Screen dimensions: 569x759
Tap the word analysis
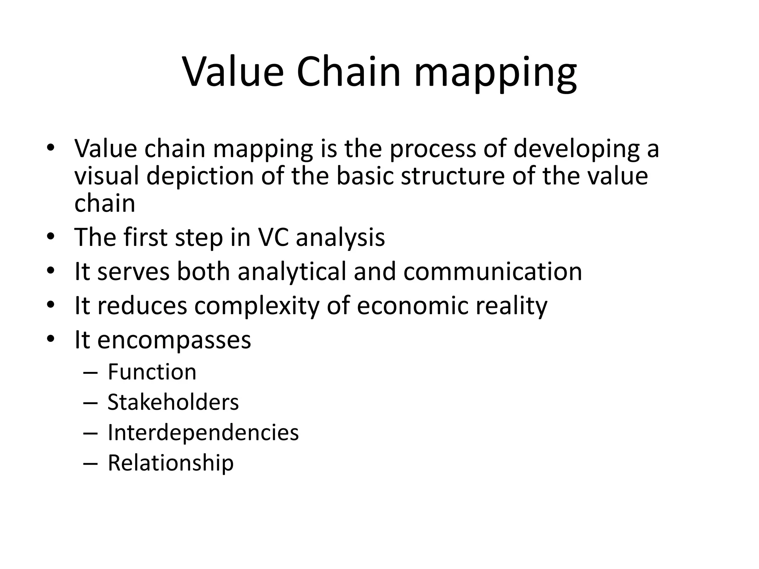coord(340,237)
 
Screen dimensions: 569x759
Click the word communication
coord(493,272)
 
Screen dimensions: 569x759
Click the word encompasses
coord(174,340)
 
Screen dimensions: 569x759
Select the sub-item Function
coord(152,372)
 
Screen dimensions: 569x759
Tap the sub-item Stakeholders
coord(173,402)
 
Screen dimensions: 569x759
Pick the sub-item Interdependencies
coord(203,432)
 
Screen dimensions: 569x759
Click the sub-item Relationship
coord(170,463)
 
